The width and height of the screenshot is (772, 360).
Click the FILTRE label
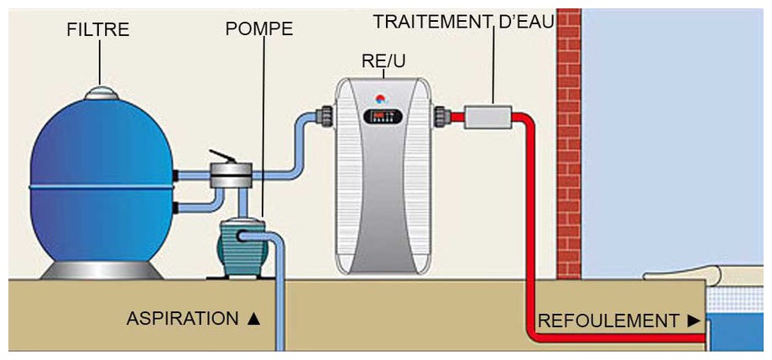coord(98,30)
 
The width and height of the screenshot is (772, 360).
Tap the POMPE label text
coord(259,29)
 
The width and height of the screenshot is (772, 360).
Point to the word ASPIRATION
coord(182,319)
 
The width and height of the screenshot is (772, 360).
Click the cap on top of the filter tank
coord(101,94)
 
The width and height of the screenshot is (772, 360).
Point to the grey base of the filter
coord(101,270)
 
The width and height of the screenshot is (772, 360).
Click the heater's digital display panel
coord(382,117)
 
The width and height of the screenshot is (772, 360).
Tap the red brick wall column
coord(568,143)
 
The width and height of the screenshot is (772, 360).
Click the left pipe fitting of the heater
coord(325,116)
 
